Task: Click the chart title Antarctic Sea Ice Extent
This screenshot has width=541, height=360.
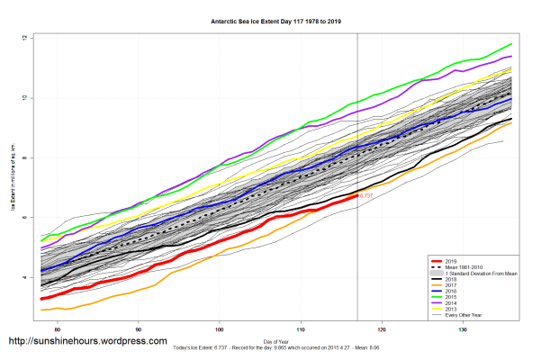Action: tap(270, 19)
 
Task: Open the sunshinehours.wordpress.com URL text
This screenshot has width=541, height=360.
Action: tap(87, 342)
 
